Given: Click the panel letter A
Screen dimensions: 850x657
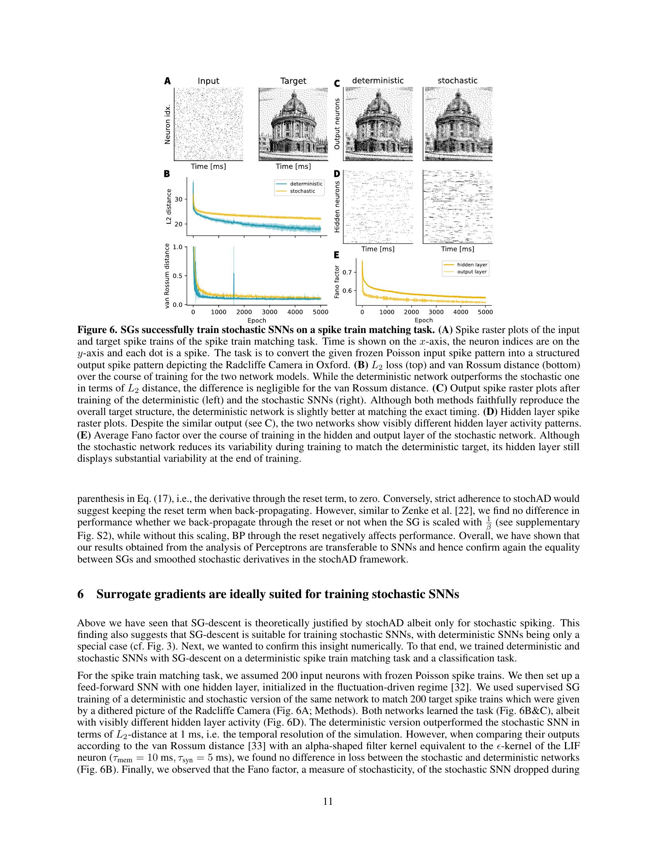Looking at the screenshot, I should [167, 81].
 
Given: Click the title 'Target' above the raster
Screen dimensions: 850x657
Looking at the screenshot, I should [293, 81].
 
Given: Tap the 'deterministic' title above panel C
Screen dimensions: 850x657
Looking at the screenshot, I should [378, 81].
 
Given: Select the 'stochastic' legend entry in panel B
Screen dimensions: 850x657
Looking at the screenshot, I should [302, 191].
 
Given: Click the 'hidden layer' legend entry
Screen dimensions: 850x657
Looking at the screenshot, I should [472, 265].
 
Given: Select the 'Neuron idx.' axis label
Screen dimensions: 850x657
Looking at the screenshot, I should [168, 124].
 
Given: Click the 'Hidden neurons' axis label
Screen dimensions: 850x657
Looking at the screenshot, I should [337, 207].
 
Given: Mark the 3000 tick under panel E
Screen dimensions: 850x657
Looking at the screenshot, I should [436, 312].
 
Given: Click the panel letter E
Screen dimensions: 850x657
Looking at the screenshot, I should [336, 255].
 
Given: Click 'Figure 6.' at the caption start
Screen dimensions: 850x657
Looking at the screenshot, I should [97, 330].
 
